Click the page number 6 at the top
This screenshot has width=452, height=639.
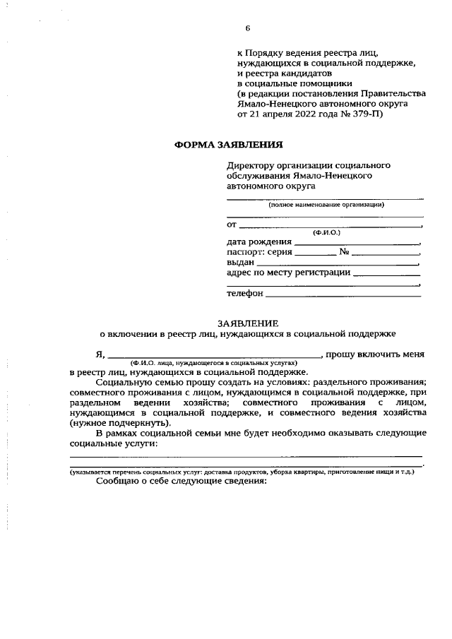pyautogui.click(x=247, y=28)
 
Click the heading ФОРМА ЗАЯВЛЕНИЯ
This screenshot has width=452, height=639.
pyautogui.click(x=228, y=145)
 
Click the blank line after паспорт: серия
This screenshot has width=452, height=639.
pyautogui.click(x=314, y=251)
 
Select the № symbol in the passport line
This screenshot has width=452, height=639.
pyautogui.click(x=345, y=251)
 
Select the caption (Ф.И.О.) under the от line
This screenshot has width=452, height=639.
pyautogui.click(x=326, y=232)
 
